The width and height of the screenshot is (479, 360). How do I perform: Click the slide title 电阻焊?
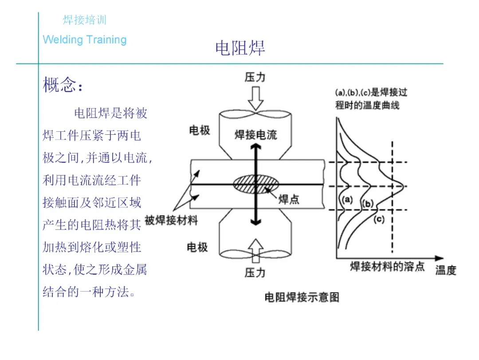point(240,48)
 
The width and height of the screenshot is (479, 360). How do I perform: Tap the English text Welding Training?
point(85,40)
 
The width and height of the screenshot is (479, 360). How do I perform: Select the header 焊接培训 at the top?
point(84,20)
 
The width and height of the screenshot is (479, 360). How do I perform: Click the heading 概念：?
point(63,85)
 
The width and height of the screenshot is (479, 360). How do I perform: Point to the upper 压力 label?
point(255,77)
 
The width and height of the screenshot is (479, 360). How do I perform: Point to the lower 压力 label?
point(255,272)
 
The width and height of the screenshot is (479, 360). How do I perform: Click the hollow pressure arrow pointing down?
point(255,98)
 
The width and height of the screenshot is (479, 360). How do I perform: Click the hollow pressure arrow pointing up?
point(255,250)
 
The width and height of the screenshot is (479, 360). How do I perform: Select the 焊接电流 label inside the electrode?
point(255,134)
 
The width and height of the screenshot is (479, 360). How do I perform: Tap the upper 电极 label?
point(200,130)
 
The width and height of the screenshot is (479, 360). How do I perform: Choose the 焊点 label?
point(289,200)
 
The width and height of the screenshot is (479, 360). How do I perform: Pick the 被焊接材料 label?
point(171,220)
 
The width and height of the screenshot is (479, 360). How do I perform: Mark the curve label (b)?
point(368,204)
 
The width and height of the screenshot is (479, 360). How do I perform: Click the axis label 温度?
point(445,270)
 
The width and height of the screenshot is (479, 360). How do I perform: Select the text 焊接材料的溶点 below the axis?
point(387,266)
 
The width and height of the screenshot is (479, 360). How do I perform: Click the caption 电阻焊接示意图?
point(302,297)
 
